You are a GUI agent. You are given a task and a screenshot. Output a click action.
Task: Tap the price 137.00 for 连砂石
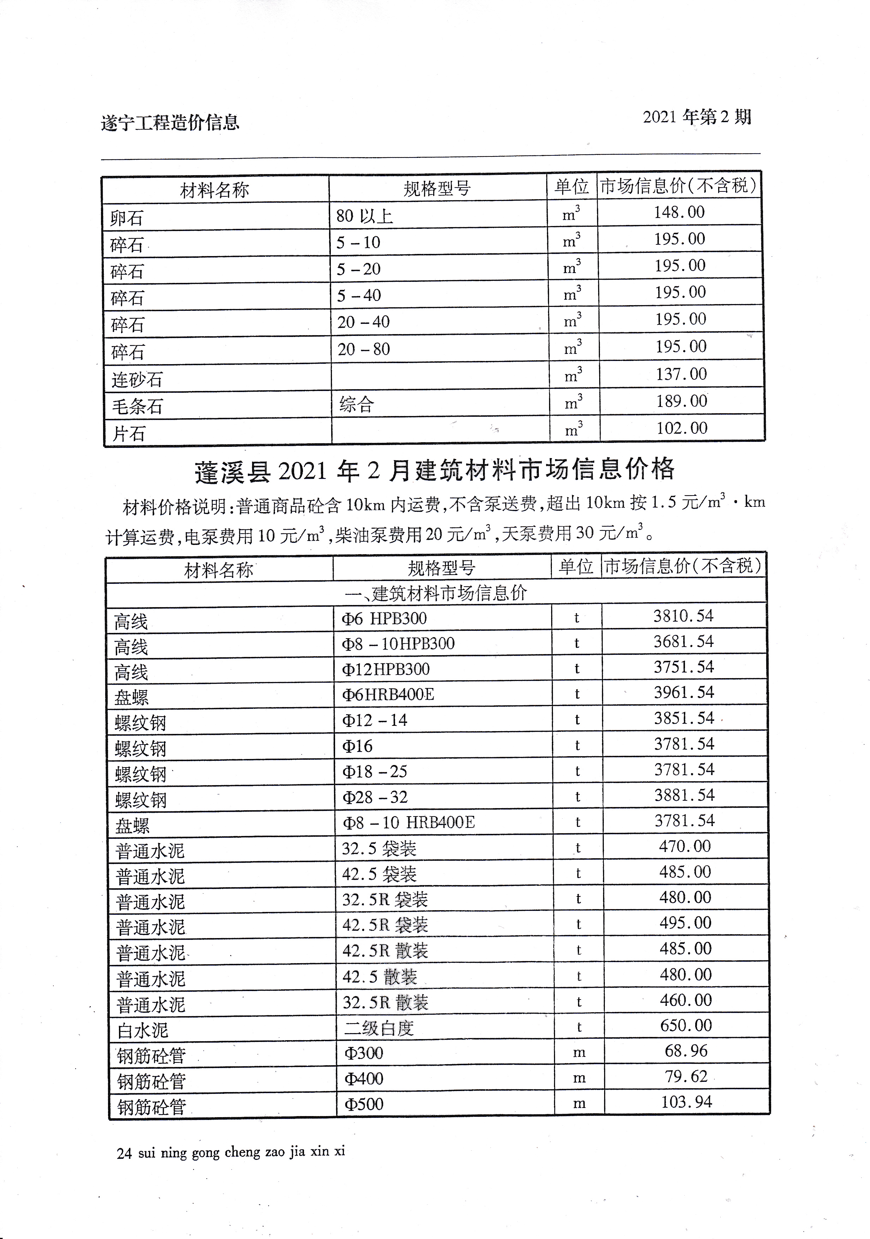pos(681,374)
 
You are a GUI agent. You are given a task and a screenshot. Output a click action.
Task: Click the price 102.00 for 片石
pos(681,428)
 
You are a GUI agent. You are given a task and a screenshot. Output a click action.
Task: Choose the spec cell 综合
pos(357,404)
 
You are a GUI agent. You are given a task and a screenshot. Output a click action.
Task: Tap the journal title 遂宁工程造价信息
pos(170,123)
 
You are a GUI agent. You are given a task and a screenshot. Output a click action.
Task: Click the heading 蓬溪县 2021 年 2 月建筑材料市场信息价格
pos(434,469)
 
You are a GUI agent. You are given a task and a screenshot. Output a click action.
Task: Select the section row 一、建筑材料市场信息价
pos(435,593)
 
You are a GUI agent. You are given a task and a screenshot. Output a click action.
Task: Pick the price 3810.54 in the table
pos(683,616)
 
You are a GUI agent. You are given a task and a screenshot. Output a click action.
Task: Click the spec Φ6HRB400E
pos(388,694)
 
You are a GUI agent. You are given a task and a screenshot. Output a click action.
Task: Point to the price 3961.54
pos(683,692)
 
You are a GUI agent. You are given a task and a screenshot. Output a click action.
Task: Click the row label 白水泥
pos(142,1030)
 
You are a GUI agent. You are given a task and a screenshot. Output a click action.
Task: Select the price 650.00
pos(686,1025)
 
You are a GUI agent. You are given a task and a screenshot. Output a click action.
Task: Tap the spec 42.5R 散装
pos(385,950)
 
